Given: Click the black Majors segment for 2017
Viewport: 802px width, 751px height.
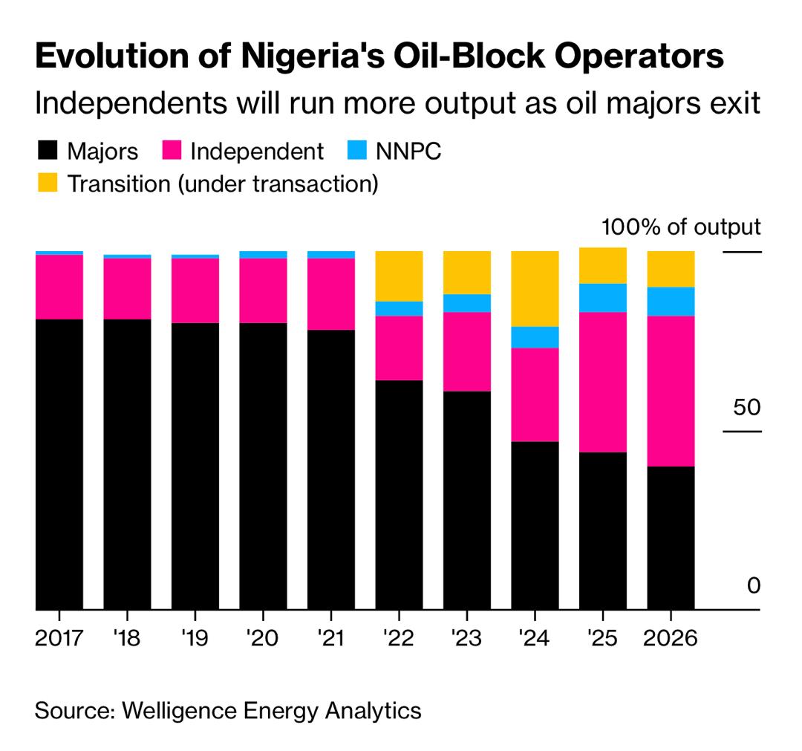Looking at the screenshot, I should point(59,464).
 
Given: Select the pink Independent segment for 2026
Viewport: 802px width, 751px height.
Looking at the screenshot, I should point(671,391).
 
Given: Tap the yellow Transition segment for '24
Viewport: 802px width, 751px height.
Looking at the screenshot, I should point(535,288).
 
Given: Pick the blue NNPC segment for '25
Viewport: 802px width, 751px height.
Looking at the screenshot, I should point(602,298).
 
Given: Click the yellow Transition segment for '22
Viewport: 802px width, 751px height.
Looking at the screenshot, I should point(399,276).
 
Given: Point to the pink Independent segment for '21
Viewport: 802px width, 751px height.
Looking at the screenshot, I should point(330,294).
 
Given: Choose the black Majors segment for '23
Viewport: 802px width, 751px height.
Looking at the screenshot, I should point(466,500).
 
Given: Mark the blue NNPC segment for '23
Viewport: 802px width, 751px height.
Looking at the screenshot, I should point(466,303).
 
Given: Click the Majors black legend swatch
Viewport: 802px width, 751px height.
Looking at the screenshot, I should point(47,152).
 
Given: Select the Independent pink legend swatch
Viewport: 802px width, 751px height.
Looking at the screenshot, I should point(172,152).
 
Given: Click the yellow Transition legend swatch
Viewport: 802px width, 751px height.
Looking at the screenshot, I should point(47,183).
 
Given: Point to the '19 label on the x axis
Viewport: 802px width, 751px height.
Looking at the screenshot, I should point(194,638).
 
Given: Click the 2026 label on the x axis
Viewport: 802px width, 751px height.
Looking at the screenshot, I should point(671,638).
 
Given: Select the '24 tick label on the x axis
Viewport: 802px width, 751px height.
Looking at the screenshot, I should point(534,638).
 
